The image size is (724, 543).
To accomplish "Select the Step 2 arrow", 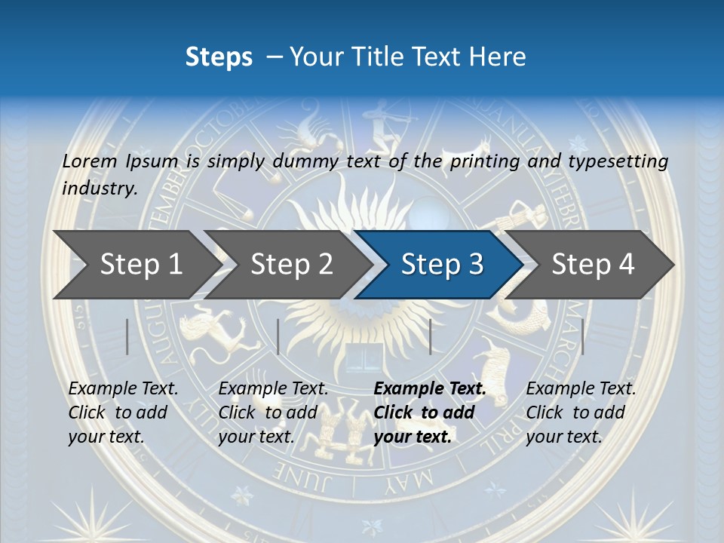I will pos(291,265).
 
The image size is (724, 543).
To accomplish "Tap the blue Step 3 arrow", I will pos(441,265).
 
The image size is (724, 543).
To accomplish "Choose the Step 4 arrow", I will pos(593,265).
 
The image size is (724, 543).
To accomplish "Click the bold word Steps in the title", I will pos(219,57).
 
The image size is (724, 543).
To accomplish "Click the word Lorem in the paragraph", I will pos(90,161).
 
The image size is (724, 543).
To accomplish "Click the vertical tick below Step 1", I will pos(127,336).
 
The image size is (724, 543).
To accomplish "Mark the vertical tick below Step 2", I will pos(278,336).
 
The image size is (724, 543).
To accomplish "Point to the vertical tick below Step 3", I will pos(430,336).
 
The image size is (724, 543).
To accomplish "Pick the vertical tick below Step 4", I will pos(583,336).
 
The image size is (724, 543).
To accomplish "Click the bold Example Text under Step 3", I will pos(430,389).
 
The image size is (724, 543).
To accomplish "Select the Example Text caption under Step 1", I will pos(124,389).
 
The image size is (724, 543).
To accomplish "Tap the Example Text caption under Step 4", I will pos(581,389).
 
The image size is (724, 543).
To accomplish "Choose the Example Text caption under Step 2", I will pos(273,389).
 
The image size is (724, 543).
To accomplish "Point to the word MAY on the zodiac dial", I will pos(410,477).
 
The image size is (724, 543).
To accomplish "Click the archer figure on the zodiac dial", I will pos(382,124).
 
